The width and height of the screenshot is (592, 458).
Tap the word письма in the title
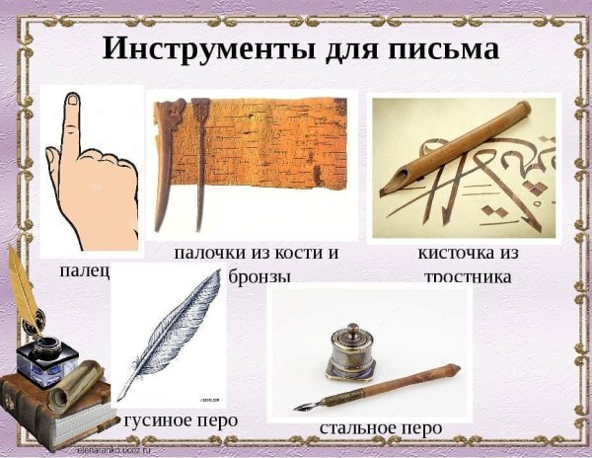(x=440, y=47)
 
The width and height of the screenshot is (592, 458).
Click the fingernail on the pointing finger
(x=72, y=102)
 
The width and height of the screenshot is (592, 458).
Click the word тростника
(x=468, y=277)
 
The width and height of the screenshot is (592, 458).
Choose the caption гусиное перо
(x=182, y=420)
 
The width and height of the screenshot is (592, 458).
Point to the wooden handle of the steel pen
(x=414, y=380)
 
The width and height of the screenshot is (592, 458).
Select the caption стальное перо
(x=381, y=427)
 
